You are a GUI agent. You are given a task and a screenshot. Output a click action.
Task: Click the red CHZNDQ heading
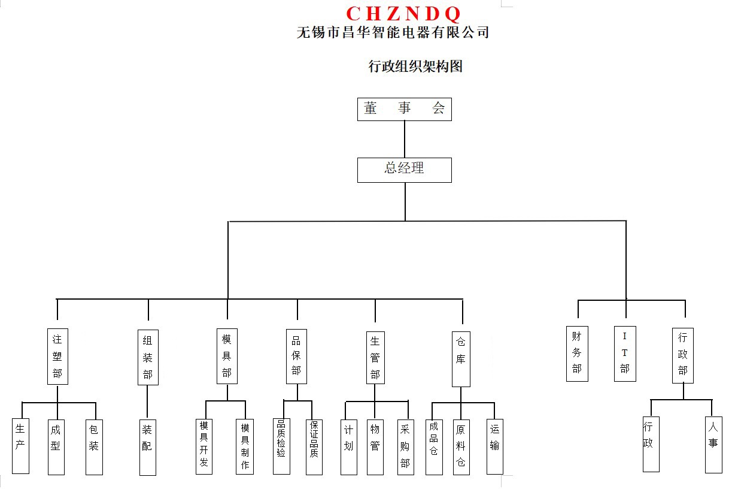point(403,13)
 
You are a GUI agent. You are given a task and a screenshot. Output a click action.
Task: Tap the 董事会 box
point(404,109)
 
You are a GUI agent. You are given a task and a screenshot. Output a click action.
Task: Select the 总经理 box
point(404,170)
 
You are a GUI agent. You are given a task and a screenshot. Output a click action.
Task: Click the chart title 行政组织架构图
point(415,67)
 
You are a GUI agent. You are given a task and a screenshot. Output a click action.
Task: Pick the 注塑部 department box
point(57,356)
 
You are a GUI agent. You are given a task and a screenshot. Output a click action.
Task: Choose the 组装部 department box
point(148,357)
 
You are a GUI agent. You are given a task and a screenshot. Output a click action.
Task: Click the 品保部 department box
point(296,356)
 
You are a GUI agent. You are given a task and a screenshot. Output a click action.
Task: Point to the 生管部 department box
point(375,358)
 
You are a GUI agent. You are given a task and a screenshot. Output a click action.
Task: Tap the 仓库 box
point(461,358)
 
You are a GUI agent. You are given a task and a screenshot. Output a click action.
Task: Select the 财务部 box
point(577,353)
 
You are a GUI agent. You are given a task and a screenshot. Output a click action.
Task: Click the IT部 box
point(625,353)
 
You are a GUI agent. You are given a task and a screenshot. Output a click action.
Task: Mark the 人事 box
point(713,444)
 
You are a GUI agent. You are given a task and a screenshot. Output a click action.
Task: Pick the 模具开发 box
point(204,446)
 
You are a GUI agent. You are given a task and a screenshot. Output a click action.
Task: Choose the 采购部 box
point(406,446)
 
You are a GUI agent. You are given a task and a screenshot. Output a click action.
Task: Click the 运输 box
point(494,446)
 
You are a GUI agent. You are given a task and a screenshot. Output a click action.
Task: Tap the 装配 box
point(147,447)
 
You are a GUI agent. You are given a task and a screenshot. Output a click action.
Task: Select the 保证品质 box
point(314,446)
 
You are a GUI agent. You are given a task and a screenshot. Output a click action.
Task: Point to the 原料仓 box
point(461,446)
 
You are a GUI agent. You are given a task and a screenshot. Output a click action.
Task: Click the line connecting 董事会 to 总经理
point(405,139)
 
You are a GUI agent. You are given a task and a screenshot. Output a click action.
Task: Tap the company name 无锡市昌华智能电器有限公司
point(393,32)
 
